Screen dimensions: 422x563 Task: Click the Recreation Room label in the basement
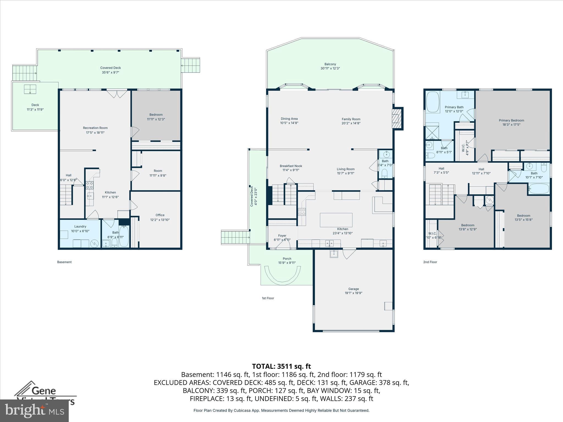(95, 128)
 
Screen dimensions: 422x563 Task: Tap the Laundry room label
(80, 227)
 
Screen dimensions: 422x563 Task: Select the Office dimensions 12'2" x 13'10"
(160, 220)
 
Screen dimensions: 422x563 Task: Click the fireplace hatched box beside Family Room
(396, 118)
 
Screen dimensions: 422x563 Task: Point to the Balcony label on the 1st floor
(330, 64)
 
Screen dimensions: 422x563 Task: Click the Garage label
(354, 289)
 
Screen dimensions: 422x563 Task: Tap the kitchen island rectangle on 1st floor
(336, 220)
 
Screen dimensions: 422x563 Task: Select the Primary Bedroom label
(511, 120)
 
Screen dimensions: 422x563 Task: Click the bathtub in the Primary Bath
(433, 102)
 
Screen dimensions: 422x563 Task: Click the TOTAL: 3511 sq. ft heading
(281, 366)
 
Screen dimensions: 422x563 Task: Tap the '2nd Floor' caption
(430, 262)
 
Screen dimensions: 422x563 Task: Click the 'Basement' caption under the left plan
(64, 262)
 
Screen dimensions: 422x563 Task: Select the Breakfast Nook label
(291, 166)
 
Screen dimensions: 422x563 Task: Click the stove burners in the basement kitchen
(90, 185)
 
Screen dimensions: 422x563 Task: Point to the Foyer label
(282, 236)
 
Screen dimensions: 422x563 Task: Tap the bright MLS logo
(34, 411)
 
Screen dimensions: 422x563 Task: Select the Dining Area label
(289, 119)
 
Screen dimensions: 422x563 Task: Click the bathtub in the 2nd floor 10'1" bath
(539, 189)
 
